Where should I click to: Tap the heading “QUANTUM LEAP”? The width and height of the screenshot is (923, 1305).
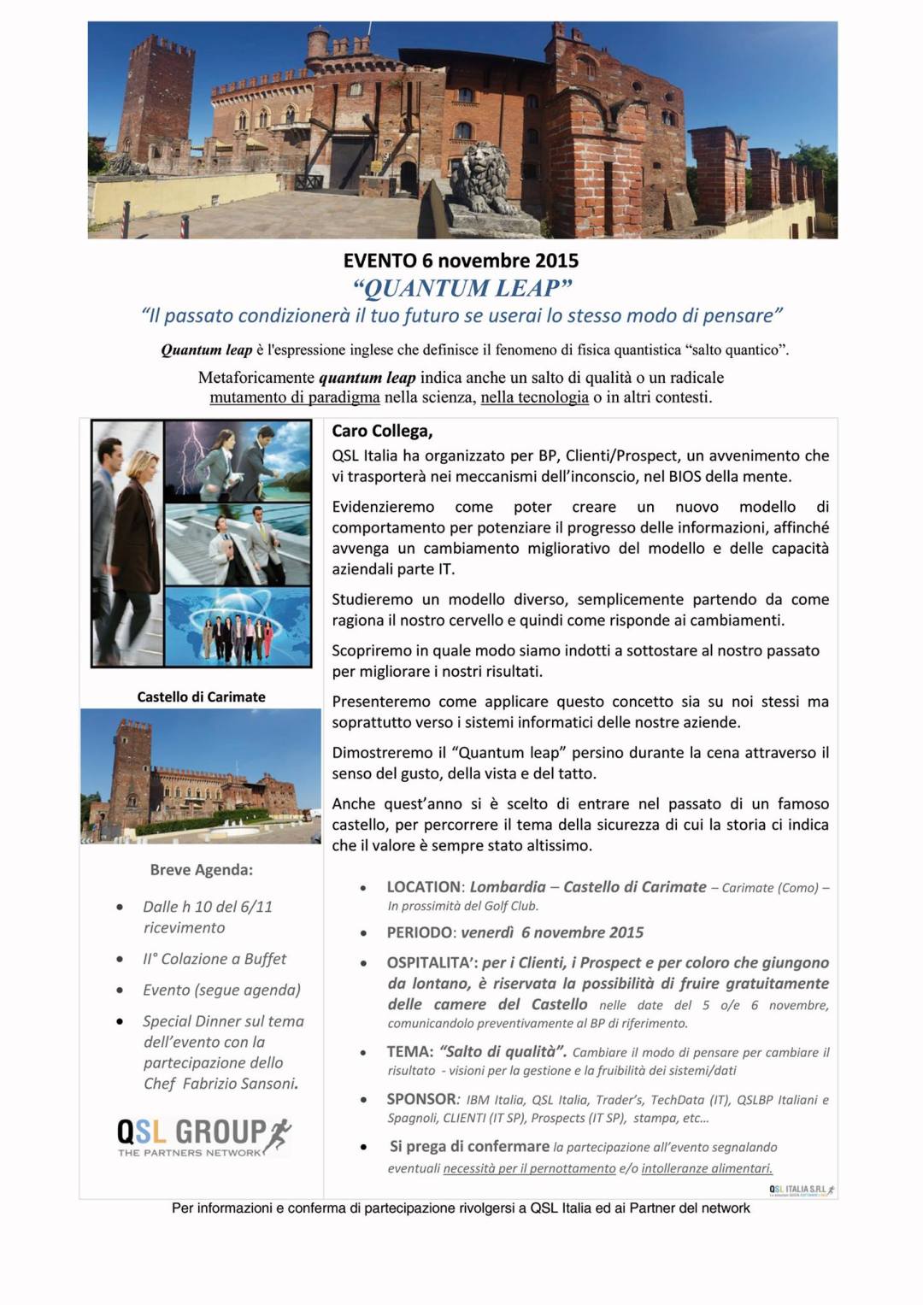tap(461, 287)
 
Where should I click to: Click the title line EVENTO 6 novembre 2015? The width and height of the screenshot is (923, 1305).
tap(461, 261)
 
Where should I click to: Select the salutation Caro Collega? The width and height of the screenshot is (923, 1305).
tap(382, 432)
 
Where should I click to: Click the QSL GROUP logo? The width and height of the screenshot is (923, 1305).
tap(203, 1136)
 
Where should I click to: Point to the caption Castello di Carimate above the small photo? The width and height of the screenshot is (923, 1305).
tap(201, 697)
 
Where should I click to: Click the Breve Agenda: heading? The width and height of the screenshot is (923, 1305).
tap(201, 870)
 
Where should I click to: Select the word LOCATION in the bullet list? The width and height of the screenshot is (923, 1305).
tap(423, 887)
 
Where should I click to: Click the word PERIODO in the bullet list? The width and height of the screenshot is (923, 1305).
tap(418, 932)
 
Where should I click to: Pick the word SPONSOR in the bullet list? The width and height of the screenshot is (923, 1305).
tap(421, 1099)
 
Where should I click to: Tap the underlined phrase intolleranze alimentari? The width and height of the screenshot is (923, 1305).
tap(707, 1168)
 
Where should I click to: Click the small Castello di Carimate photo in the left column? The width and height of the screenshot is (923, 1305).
tap(201, 776)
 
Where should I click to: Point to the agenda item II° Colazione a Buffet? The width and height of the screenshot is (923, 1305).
tap(215, 959)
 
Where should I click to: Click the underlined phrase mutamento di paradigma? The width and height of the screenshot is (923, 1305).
tap(295, 397)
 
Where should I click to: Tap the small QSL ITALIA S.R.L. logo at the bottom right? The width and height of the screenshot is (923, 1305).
tap(801, 1190)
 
